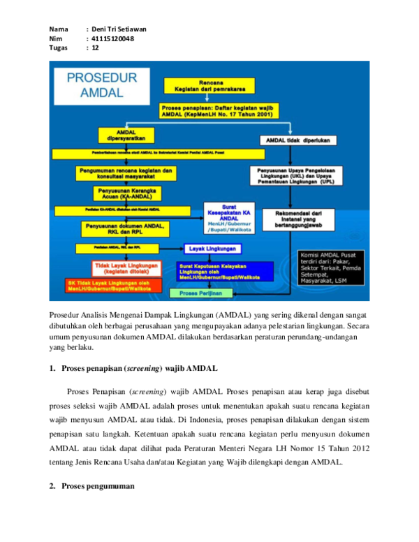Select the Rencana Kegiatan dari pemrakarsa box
(209, 85)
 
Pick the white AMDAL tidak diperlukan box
(299, 140)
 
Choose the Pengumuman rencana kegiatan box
(126, 173)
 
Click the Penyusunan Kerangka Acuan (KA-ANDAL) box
(127, 193)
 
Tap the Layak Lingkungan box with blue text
(213, 249)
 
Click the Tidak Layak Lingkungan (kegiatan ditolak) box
(126, 268)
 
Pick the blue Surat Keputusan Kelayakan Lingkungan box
(214, 271)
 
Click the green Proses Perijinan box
(201, 293)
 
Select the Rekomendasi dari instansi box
(298, 219)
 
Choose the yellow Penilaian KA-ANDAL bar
(122, 211)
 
